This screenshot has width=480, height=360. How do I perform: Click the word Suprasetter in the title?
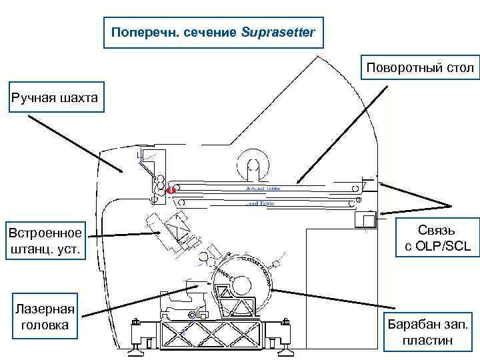pyautogui.click(x=278, y=33)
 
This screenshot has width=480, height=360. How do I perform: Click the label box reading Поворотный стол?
pyautogui.click(x=419, y=67)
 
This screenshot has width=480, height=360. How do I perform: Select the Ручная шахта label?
pyautogui.click(x=54, y=99)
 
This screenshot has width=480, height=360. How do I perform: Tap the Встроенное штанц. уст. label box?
pyautogui.click(x=45, y=241)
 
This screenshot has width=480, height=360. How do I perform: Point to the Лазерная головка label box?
pyautogui.click(x=45, y=317)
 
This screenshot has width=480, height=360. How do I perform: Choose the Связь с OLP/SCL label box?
pyautogui.click(x=437, y=238)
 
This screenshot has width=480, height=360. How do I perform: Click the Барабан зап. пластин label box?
pyautogui.click(x=427, y=331)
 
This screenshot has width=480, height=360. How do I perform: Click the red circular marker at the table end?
pyautogui.click(x=171, y=190)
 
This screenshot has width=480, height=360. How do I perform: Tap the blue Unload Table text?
pyautogui.click(x=263, y=189)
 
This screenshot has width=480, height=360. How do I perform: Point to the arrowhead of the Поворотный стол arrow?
pyautogui.click(x=299, y=182)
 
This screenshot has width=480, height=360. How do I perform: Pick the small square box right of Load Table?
pyautogui.click(x=365, y=219)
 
